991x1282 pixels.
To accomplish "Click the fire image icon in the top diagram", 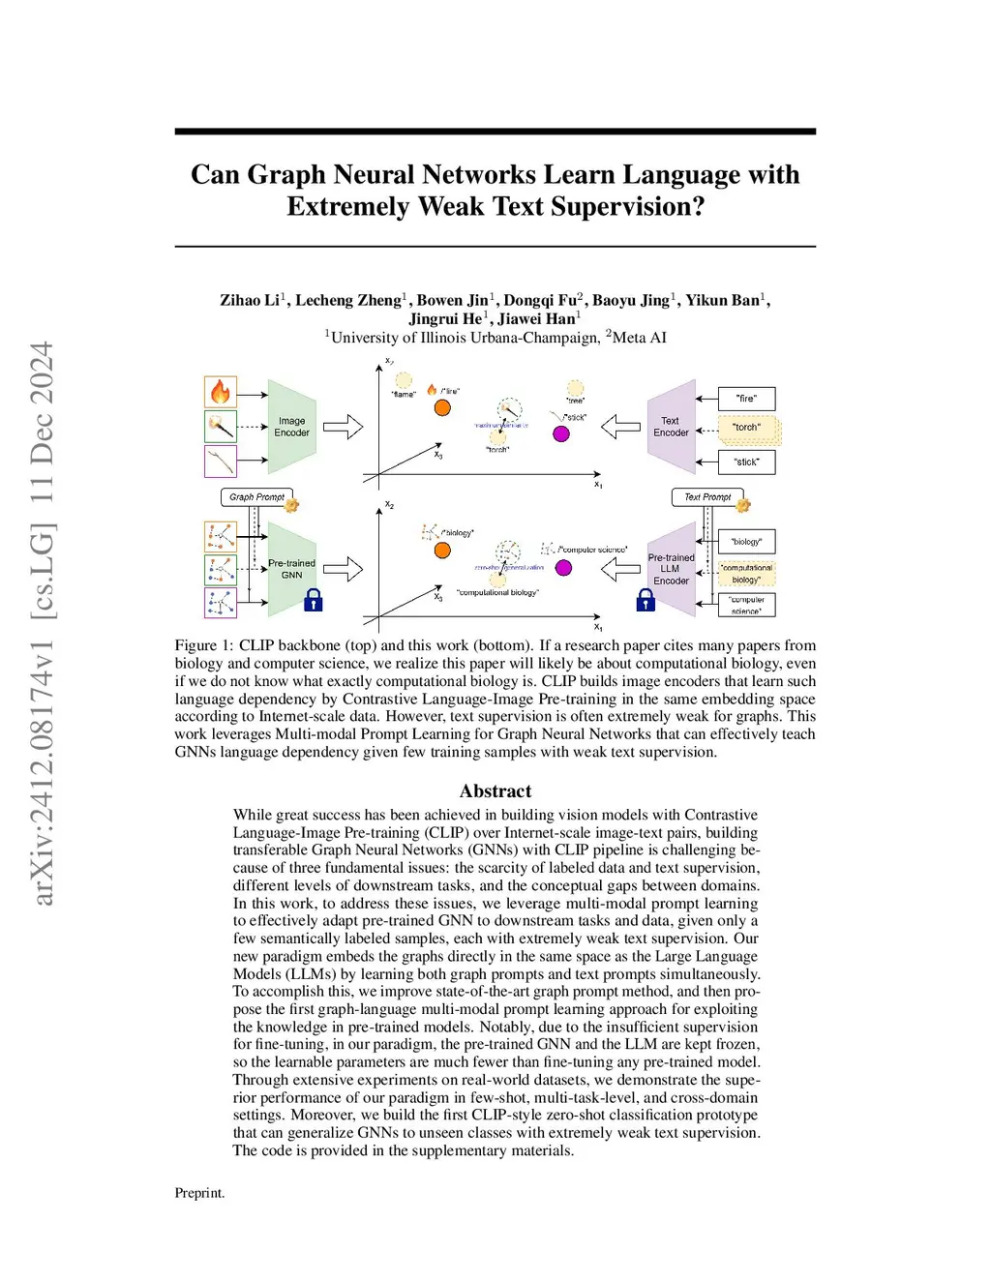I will click(x=221, y=392).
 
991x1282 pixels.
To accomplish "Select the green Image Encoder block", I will click(x=291, y=427).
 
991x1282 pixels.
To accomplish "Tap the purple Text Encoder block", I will click(x=671, y=427).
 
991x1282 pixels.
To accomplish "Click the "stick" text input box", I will click(x=746, y=462).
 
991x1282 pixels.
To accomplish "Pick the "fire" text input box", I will click(x=746, y=398).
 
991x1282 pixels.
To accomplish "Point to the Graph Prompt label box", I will click(x=256, y=497).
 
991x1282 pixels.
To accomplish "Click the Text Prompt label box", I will click(x=707, y=497).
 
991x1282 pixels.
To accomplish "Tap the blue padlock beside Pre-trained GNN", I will click(x=313, y=601).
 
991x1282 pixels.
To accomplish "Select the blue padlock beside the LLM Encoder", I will click(x=646, y=601).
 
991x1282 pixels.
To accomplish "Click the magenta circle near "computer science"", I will click(x=564, y=568).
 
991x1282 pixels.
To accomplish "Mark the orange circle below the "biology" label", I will click(x=442, y=551).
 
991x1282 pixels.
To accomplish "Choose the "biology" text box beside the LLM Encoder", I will click(x=746, y=542).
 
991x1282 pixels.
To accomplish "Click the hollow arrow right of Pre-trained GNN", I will click(x=343, y=569).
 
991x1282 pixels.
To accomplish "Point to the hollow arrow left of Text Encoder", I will click(x=621, y=427).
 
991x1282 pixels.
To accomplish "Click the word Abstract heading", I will click(x=495, y=791).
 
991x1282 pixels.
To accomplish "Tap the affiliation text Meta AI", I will click(x=639, y=338).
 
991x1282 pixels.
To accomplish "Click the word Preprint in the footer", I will click(x=198, y=1193).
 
